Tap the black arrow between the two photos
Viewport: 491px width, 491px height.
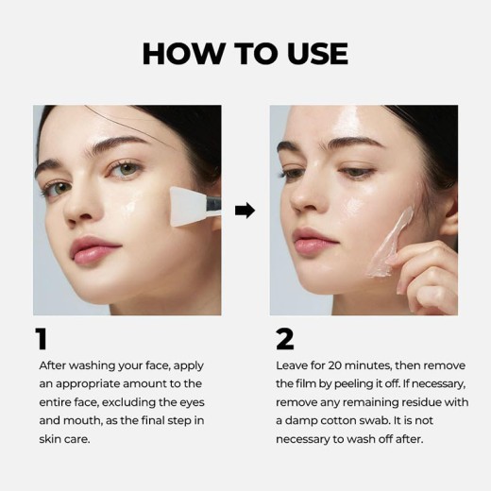(245, 210)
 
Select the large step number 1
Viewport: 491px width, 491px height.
(41, 339)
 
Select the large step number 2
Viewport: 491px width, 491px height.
(284, 339)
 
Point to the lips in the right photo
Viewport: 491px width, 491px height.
(313, 240)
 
